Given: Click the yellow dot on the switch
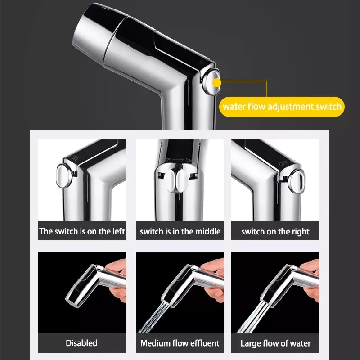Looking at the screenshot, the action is (216, 83).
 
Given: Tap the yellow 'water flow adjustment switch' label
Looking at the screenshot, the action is (282, 107).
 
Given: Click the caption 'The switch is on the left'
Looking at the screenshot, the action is (82, 231).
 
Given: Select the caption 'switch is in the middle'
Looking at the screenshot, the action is (180, 231).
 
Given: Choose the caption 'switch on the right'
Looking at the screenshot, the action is (275, 232).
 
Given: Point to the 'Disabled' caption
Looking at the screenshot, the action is (81, 343).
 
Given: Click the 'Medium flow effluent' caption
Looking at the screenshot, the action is (180, 343).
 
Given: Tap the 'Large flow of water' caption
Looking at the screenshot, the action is (275, 343).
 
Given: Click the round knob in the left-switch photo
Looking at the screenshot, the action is (64, 176).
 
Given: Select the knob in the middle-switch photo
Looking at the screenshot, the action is (176, 181).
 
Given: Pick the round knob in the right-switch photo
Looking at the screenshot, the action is (297, 181).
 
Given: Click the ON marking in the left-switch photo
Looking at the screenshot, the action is (75, 158).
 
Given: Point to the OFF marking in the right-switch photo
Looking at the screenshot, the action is (283, 164).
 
